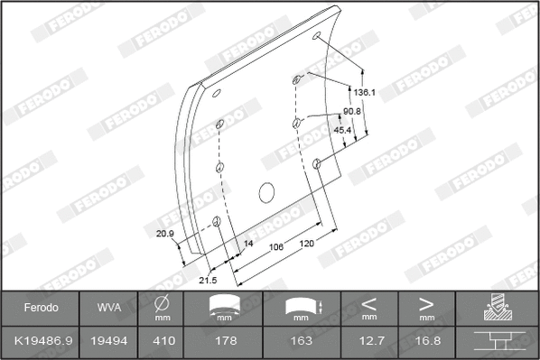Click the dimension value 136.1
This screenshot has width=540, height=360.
click(x=364, y=92)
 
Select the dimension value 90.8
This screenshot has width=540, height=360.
click(x=352, y=111)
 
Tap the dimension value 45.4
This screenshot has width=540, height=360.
click(x=343, y=130)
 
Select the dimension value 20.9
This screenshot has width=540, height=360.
click(x=164, y=234)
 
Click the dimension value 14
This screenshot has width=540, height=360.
click(x=248, y=244)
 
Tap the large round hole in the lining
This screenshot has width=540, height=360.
click(x=265, y=191)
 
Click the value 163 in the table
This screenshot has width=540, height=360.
click(x=301, y=341)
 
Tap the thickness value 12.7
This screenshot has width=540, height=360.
click(x=368, y=341)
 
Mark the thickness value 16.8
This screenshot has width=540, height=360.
click(x=425, y=341)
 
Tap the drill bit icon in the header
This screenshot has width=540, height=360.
click(x=496, y=307)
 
